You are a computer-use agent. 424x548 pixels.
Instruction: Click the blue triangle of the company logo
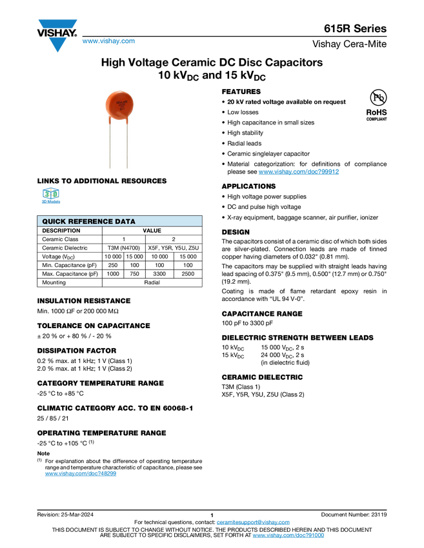click(57, 45)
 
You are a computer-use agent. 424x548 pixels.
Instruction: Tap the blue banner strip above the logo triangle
click(57, 24)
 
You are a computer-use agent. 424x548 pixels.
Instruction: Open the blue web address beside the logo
click(108, 42)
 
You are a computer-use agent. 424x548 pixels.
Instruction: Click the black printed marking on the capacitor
click(121, 103)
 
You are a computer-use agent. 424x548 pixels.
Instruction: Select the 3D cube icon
click(50, 193)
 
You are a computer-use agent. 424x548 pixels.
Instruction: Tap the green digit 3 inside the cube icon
click(46, 193)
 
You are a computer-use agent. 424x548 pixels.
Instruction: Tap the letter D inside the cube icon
click(55, 193)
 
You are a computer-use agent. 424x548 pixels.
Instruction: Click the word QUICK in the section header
click(54, 222)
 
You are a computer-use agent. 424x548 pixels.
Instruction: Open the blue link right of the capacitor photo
click(299, 171)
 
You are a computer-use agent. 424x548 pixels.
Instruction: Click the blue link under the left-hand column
click(80, 474)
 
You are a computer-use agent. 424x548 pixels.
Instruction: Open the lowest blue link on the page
click(288, 536)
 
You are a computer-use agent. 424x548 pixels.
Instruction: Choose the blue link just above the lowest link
click(253, 522)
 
